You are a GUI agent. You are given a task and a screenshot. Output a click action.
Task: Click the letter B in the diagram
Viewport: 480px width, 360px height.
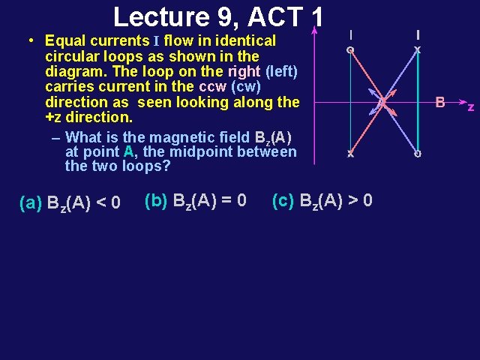click(441, 102)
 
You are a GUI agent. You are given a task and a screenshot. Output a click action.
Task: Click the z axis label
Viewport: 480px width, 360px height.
click(471, 107)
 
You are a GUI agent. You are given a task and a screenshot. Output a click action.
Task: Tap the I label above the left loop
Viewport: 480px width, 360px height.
click(349, 34)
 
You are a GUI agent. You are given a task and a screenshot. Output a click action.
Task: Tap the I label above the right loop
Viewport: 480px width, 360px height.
click(418, 34)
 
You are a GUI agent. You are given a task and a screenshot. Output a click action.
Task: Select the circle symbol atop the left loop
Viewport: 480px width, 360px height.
click(349, 50)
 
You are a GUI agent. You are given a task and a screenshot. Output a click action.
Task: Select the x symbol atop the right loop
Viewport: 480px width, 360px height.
click(418, 50)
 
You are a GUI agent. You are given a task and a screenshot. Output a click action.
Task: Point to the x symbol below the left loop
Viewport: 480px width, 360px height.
click(349, 154)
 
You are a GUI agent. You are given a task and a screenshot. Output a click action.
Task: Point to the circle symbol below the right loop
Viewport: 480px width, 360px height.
click(418, 154)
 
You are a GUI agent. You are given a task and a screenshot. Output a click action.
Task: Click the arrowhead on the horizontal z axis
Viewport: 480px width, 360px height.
click(458, 101)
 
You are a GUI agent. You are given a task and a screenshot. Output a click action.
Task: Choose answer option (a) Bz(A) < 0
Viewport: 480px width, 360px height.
click(70, 203)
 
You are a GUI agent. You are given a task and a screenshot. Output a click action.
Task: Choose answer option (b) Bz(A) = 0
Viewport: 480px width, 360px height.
click(195, 201)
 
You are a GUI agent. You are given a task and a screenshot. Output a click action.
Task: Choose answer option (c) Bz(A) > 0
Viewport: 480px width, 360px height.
click(322, 201)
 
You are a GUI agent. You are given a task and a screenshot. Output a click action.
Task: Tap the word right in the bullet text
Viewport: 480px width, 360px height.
click(244, 71)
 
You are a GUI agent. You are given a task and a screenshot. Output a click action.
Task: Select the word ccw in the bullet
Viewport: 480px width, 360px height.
click(214, 86)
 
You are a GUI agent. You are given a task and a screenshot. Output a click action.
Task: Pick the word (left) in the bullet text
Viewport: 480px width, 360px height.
click(280, 71)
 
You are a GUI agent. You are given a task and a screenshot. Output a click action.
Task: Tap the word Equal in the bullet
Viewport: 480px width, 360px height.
click(65, 40)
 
